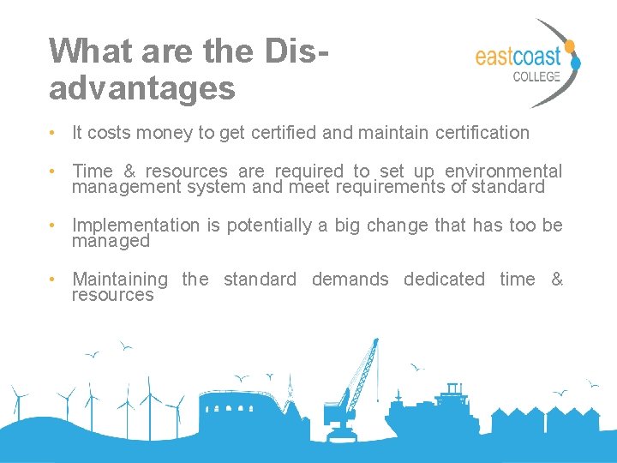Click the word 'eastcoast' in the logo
(x=518, y=57)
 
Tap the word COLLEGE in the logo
(x=536, y=76)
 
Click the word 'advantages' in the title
(x=141, y=87)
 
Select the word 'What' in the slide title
(x=80, y=51)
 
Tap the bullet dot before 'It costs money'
(x=53, y=133)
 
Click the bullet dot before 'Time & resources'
(x=53, y=172)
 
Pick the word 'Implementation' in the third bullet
(x=135, y=225)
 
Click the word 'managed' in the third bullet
(x=111, y=241)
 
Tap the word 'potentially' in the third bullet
(x=257, y=225)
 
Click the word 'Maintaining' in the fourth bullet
(x=120, y=280)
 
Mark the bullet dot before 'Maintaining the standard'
(x=53, y=280)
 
